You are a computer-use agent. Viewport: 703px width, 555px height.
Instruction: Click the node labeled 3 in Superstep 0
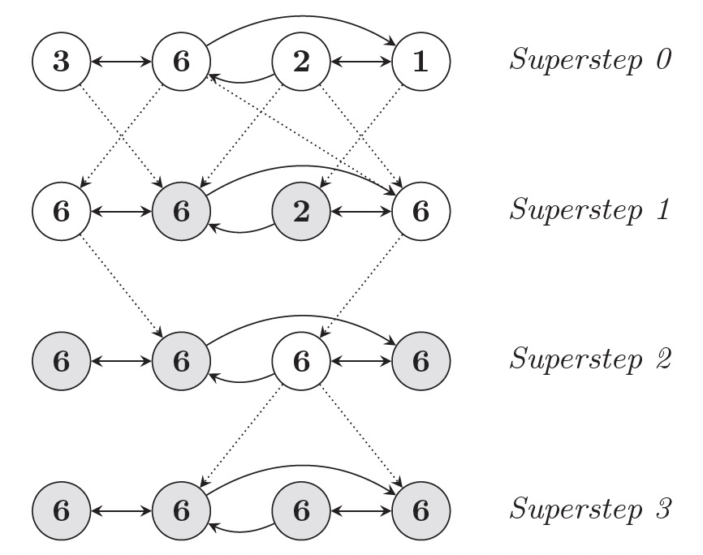61,62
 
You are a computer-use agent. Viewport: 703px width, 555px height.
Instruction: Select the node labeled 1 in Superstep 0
421,62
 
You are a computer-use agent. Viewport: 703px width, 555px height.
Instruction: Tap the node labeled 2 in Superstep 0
301,62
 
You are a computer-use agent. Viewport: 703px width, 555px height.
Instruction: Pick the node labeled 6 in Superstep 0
181,62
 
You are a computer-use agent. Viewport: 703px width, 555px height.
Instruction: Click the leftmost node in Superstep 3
61,511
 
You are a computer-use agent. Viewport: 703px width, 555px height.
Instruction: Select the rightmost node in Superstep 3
421,511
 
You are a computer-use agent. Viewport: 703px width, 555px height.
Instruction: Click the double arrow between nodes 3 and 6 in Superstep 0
121,62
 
